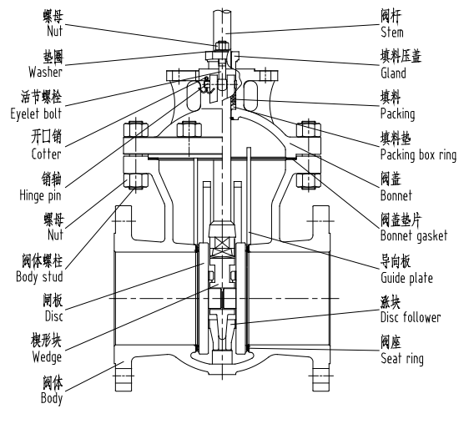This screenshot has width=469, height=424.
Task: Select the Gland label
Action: (393, 73)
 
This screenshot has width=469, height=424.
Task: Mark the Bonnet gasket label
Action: (413, 236)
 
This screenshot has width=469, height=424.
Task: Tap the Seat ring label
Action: (401, 359)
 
